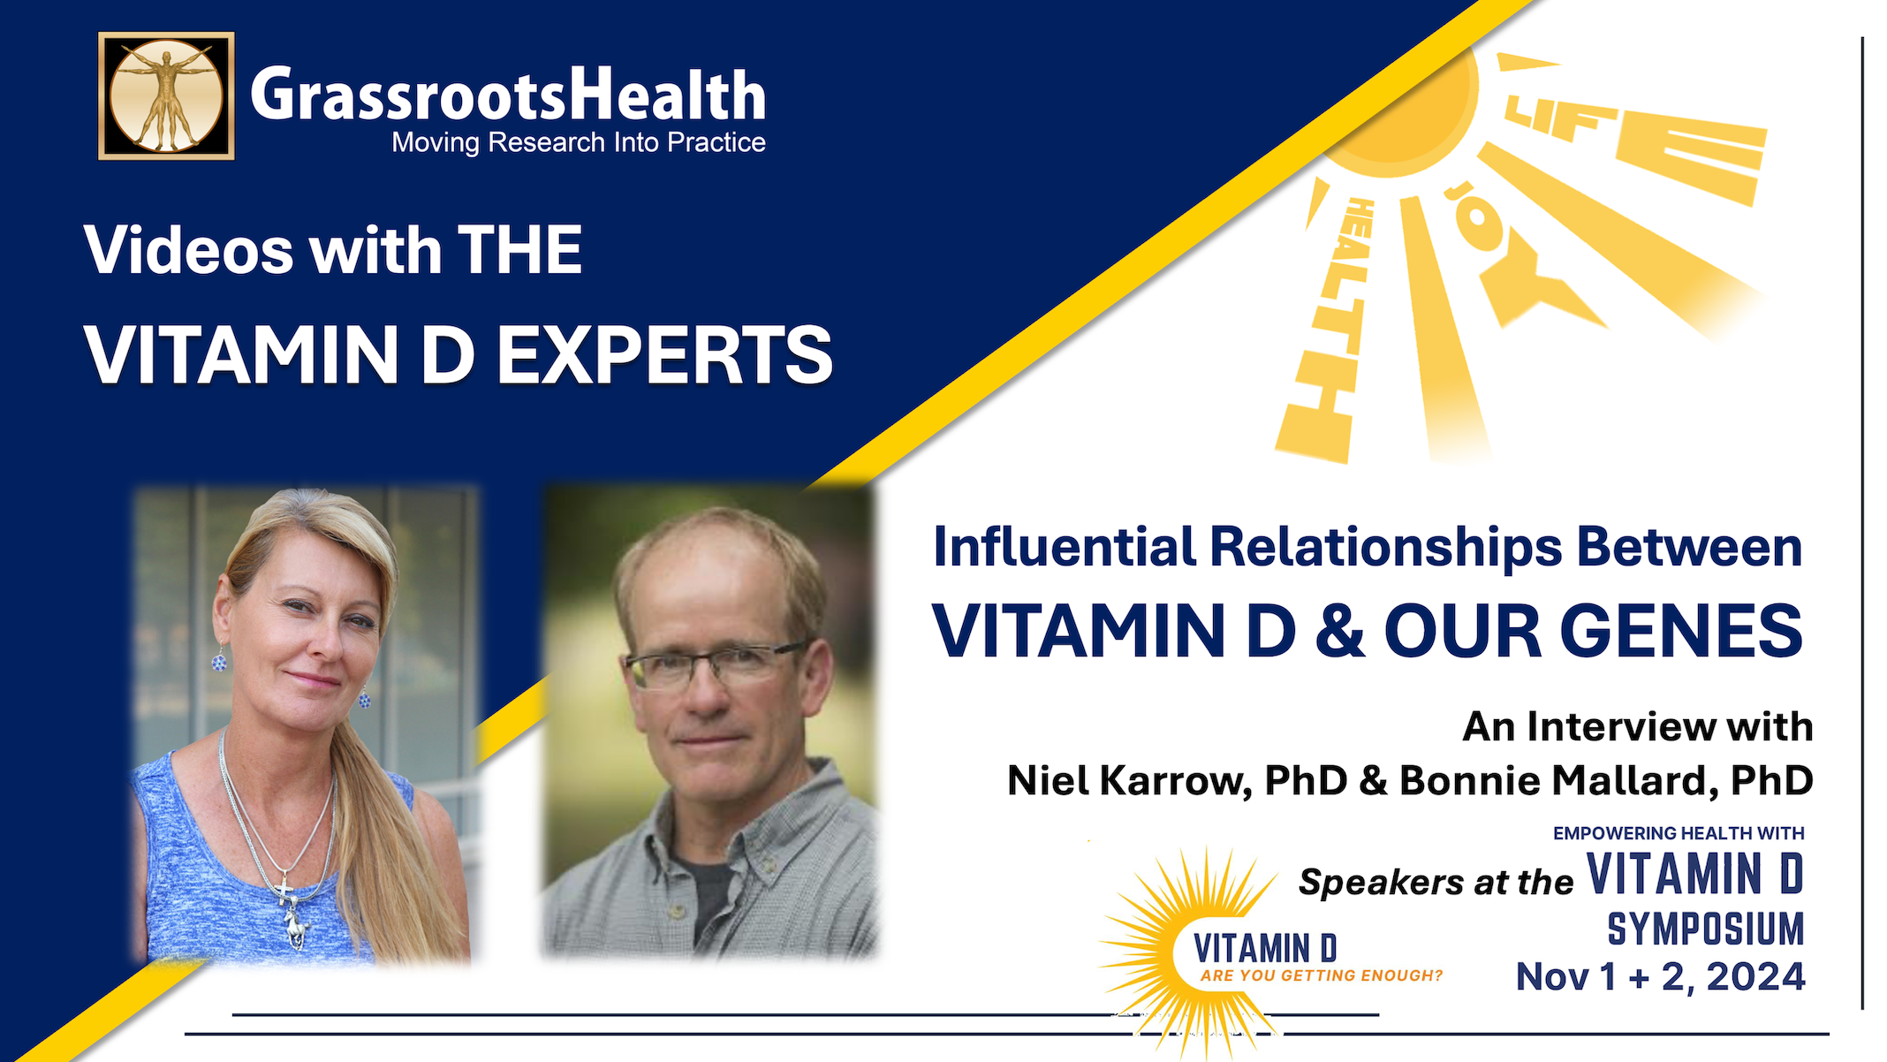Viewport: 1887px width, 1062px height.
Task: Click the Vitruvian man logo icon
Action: pos(166,96)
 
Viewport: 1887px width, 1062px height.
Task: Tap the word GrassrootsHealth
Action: pos(508,95)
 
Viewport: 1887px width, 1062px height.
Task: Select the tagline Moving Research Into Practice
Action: pos(579,142)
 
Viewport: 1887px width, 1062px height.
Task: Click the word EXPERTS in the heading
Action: pos(664,355)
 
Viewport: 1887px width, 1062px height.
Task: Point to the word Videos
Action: pos(188,250)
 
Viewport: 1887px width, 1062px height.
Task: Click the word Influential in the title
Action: pos(1064,547)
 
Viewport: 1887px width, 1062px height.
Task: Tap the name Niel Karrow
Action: pos(1129,780)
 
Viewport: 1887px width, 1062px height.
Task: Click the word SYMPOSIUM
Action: pos(1705,929)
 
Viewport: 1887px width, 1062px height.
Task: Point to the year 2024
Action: pos(1755,977)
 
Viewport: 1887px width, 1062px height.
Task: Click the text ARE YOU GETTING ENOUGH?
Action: pos(1321,975)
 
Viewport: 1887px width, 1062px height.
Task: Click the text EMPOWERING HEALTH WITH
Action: pos(1679,833)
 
